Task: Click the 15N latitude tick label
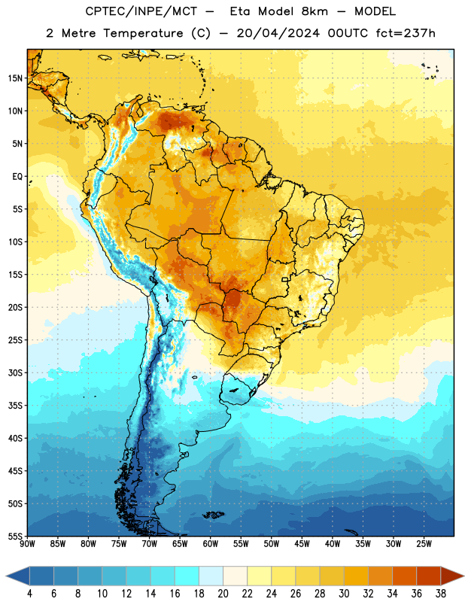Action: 15,78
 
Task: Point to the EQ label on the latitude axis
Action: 17,177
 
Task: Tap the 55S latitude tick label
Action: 15,537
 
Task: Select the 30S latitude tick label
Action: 15,372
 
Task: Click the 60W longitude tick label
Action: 211,544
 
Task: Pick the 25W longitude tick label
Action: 424,544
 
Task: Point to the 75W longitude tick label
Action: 119,544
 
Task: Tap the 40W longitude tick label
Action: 333,544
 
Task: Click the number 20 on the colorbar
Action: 223,594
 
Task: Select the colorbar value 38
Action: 441,594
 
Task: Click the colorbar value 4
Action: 29,594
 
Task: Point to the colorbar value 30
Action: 344,594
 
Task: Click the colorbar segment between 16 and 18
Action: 187,576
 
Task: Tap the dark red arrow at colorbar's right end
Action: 452,576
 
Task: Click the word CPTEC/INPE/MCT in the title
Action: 141,11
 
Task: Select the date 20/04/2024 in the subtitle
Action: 278,33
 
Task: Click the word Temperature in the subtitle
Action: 143,33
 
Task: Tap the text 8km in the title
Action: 315,11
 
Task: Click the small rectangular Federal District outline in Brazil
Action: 285,279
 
